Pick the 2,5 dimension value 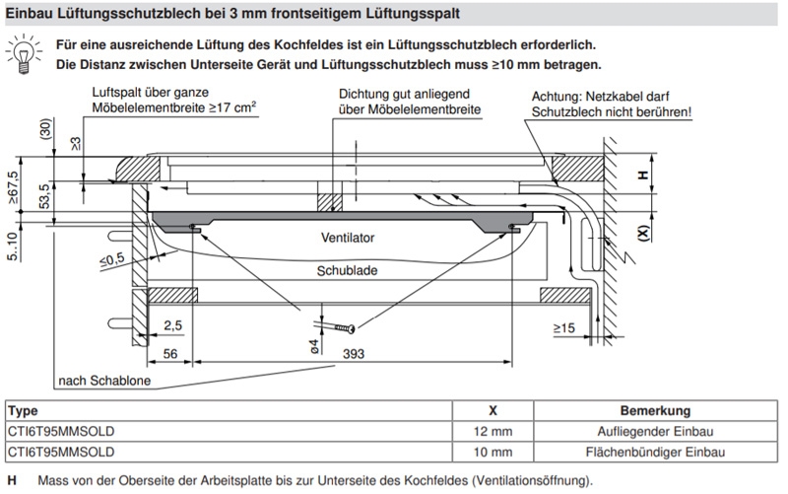(172, 324)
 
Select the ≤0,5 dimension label (112, 258)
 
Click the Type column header (23, 410)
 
